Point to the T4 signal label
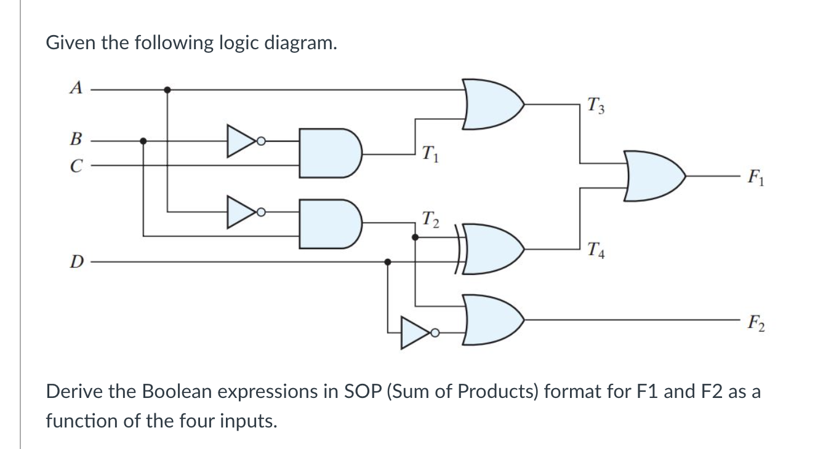click(x=596, y=250)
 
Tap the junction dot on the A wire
click(x=167, y=89)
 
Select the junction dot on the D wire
click(x=387, y=262)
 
